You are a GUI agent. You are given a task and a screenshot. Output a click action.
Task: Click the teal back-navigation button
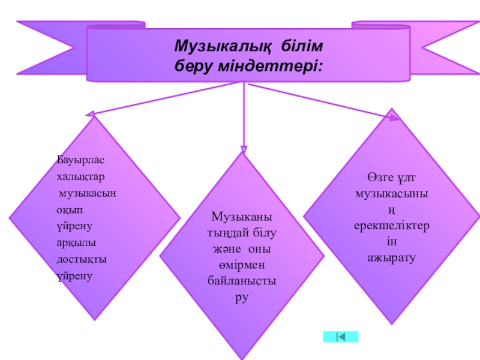coord(340,337)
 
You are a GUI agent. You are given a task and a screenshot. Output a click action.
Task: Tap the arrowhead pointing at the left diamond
coord(90,113)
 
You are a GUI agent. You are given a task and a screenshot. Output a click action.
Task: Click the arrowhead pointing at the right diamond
coord(394,118)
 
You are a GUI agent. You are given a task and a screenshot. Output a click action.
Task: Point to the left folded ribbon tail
coord(51,48)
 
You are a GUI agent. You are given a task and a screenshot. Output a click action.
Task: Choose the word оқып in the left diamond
coord(67,210)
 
